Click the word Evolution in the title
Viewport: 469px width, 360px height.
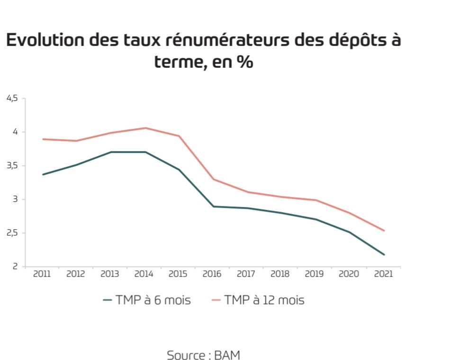pyautogui.click(x=45, y=40)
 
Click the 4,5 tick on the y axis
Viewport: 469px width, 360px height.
pyautogui.click(x=12, y=98)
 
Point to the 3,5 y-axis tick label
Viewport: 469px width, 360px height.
pyautogui.click(x=12, y=166)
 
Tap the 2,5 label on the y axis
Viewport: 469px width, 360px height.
pyautogui.click(x=12, y=233)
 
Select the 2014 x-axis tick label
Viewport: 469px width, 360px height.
pyautogui.click(x=144, y=274)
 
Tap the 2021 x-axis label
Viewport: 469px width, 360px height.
pyautogui.click(x=383, y=274)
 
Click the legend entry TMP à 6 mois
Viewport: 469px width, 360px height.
pyautogui.click(x=147, y=300)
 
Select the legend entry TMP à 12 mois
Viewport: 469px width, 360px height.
pyautogui.click(x=258, y=300)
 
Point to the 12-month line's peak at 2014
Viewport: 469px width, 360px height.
pyautogui.click(x=144, y=128)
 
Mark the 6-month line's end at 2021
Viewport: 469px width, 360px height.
pyautogui.click(x=384, y=255)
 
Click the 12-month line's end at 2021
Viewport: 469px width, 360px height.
pyautogui.click(x=384, y=231)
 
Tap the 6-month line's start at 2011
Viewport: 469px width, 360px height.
pyautogui.click(x=43, y=174)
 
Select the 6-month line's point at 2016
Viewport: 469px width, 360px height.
pyautogui.click(x=213, y=207)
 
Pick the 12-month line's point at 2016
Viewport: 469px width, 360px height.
pyautogui.click(x=213, y=179)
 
